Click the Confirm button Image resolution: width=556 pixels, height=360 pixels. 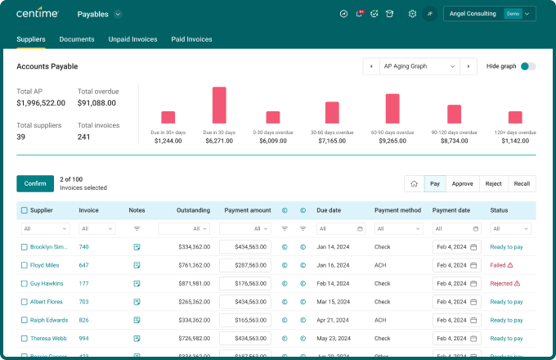coord(35,183)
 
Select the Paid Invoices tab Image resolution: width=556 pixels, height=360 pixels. coord(191,39)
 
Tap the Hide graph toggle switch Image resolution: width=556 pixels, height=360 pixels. coord(528,66)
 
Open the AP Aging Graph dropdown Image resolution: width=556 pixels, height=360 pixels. coord(419,66)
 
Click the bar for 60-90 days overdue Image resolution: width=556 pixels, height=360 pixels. coord(392,108)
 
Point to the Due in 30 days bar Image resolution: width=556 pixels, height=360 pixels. coord(219,105)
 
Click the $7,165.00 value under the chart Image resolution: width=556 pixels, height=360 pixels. coord(331,141)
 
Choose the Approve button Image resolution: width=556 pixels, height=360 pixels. coord(463,184)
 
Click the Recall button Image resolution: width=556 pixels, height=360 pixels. coord(522,184)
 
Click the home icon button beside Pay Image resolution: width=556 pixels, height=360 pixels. coord(415,184)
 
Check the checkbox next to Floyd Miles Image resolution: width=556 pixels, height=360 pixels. coord(25,265)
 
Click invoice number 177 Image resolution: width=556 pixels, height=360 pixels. coord(84,283)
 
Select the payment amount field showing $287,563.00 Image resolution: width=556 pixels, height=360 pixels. coord(245,265)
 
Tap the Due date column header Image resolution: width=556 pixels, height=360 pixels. coord(328,210)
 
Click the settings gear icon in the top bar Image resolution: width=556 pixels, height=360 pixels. coord(412,14)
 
